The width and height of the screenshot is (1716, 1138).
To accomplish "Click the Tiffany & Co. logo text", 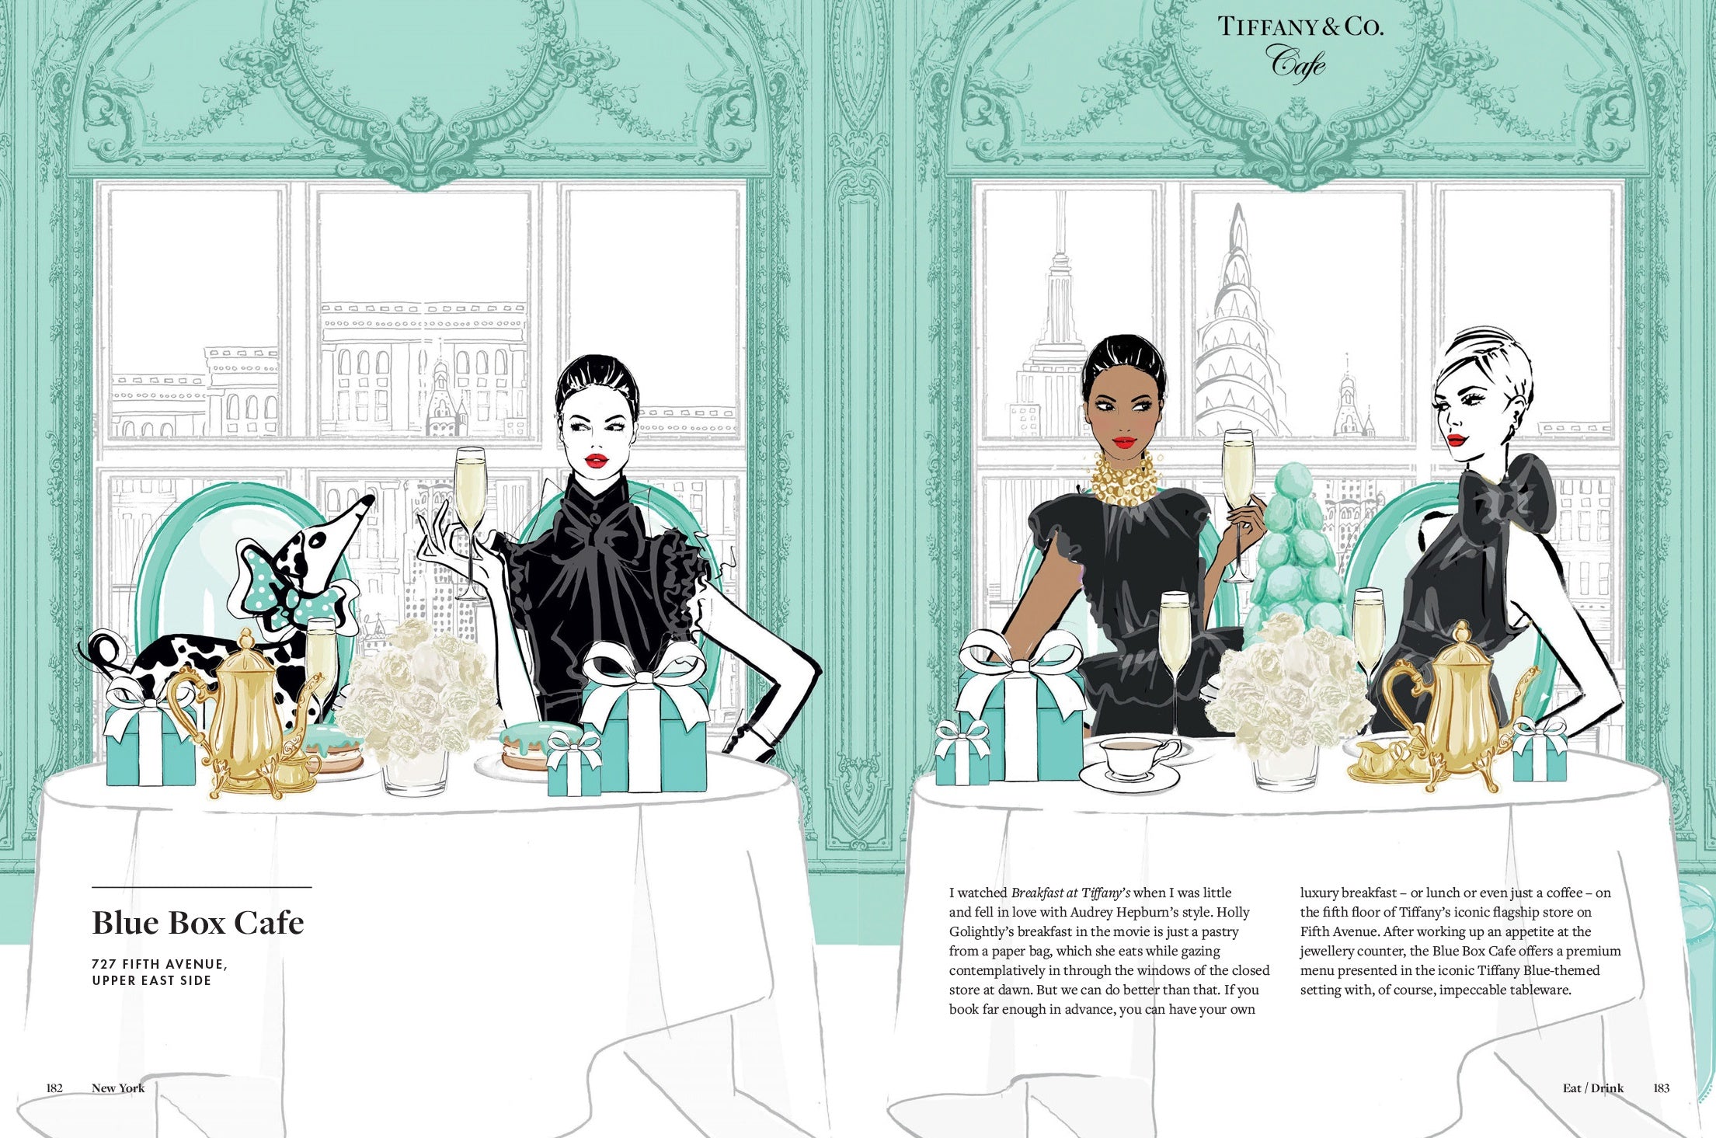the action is click(1300, 26).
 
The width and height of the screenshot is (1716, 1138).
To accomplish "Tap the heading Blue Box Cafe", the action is click(198, 923).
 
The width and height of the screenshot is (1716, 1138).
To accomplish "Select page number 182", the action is click(54, 1088).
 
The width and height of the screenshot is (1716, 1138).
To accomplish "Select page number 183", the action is click(1661, 1088).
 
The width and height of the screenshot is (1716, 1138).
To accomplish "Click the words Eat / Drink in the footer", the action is click(1592, 1088).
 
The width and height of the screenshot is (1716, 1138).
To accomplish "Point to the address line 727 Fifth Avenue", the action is click(159, 964).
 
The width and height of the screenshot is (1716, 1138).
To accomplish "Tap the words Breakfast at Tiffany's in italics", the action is click(1070, 893).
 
